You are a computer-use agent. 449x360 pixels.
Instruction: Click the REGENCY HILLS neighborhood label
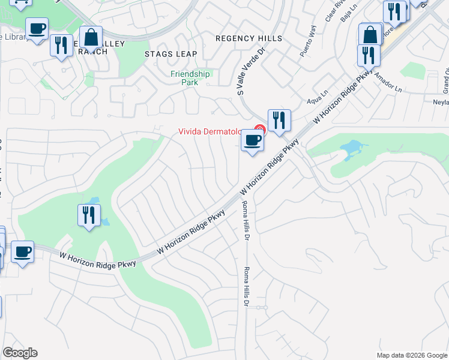[249, 38]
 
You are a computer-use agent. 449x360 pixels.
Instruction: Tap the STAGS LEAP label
[170, 53]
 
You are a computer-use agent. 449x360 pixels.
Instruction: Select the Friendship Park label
[190, 78]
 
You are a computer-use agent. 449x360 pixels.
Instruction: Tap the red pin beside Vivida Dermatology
[259, 129]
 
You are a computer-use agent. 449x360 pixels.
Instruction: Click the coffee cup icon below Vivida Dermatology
[253, 142]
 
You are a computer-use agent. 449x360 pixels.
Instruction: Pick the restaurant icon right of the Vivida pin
[279, 120]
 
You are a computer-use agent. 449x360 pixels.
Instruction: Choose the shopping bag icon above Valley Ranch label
[91, 38]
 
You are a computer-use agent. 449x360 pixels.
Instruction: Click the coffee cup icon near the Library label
[37, 28]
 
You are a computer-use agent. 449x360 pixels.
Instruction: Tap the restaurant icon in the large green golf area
[89, 215]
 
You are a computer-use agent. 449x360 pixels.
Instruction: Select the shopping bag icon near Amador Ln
[370, 34]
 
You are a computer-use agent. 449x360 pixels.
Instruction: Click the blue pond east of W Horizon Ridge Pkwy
[352, 148]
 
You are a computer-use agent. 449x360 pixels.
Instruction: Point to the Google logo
[20, 353]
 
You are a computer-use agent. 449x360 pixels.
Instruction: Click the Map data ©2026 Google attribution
[412, 355]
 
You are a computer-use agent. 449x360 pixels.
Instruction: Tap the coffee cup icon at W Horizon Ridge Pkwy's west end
[22, 251]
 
